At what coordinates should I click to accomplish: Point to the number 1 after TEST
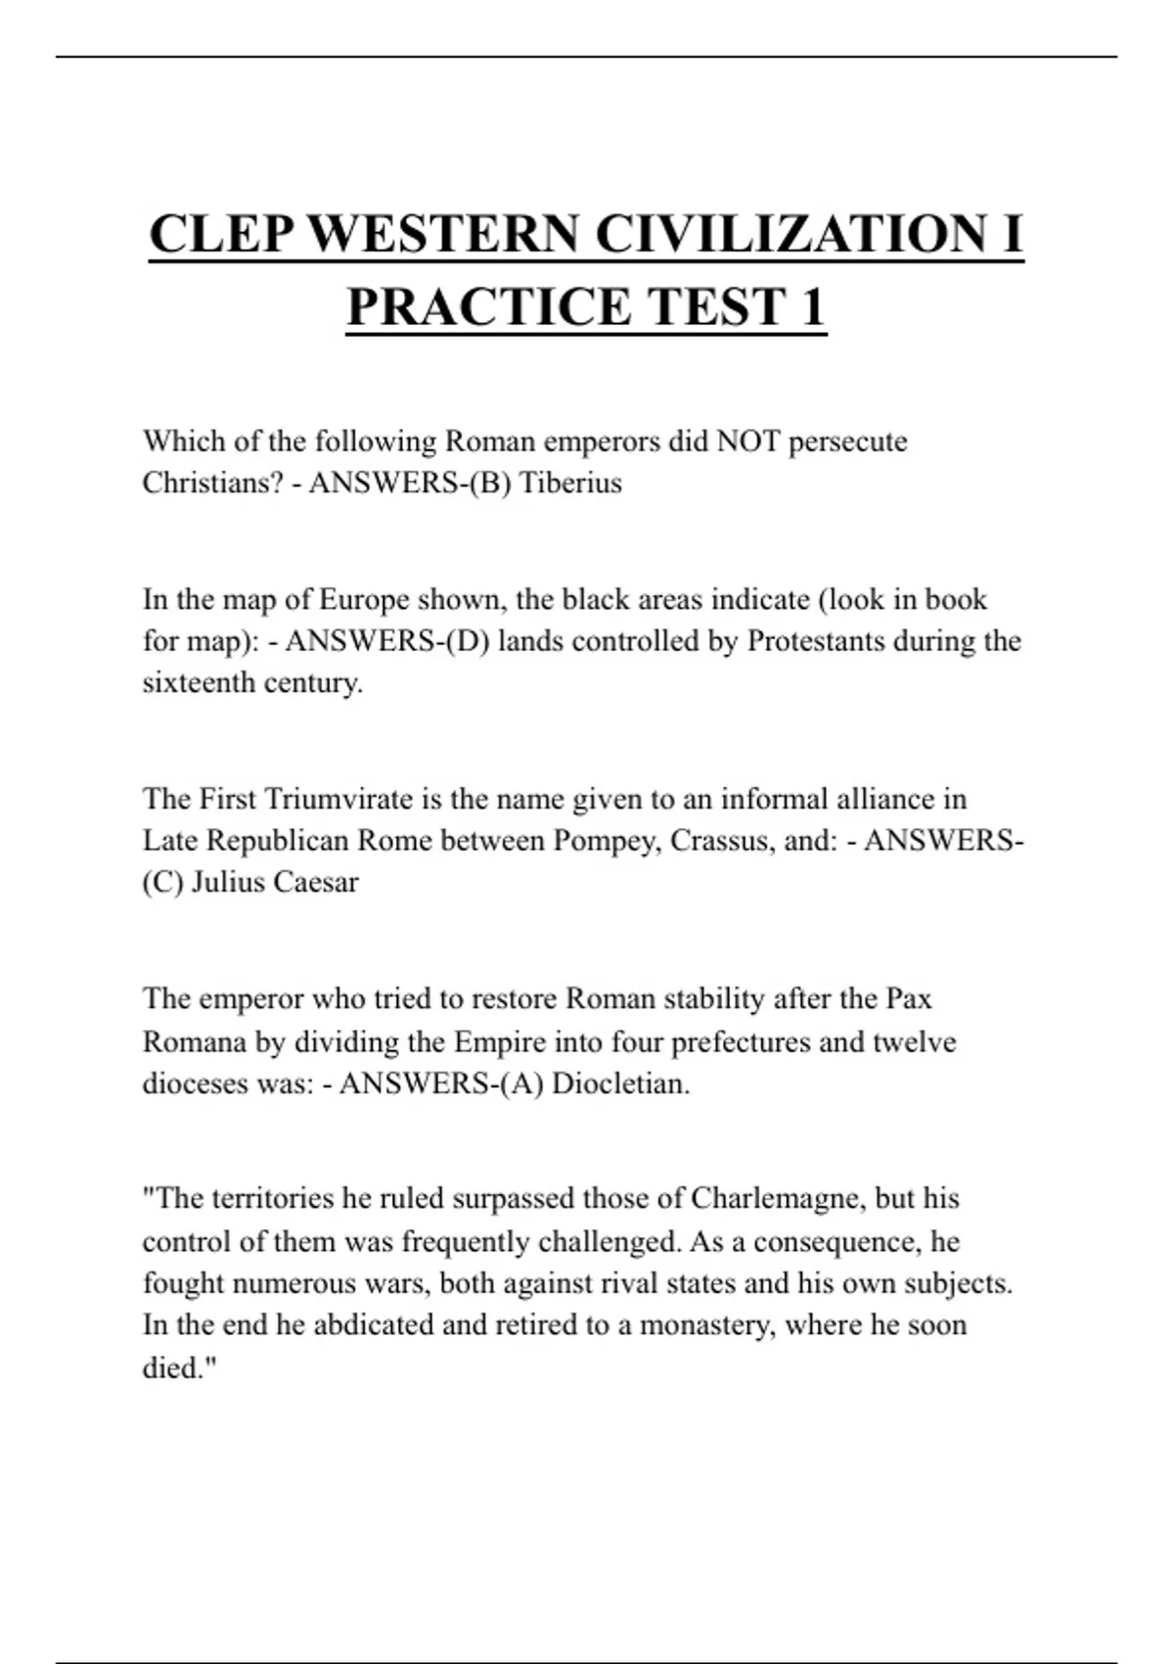point(813,307)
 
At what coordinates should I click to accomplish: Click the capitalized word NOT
point(748,441)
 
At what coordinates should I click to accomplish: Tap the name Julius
point(229,883)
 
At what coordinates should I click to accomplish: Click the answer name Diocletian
point(620,1084)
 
